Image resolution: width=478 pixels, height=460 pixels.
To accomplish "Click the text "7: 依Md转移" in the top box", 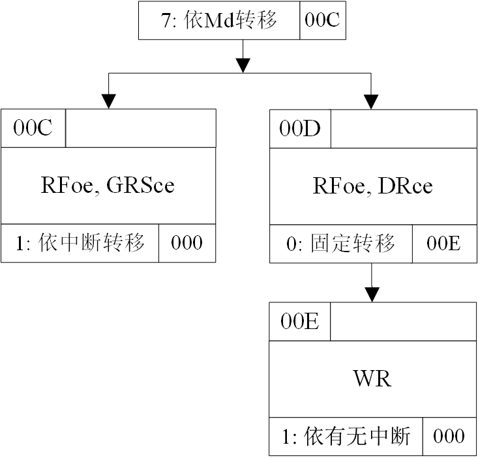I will tap(219, 20).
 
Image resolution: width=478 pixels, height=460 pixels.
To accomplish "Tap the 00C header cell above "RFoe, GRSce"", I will tap(33, 128).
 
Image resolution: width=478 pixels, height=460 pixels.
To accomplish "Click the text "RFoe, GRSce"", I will tap(108, 186).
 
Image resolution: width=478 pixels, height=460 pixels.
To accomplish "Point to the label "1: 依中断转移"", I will tap(80, 244).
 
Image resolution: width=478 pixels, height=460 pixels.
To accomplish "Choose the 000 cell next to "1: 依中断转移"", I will tap(187, 244).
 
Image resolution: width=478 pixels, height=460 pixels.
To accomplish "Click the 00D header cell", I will tap(300, 128).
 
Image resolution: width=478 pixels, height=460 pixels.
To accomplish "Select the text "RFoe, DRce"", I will tap(372, 186).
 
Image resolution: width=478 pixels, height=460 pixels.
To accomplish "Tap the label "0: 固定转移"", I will tap(341, 244).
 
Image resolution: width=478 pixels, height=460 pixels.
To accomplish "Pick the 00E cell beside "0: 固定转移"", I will tap(443, 244).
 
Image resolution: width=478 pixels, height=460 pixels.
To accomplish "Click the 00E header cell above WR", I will tap(300, 322).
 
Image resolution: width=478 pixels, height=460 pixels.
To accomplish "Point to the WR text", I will tap(372, 379).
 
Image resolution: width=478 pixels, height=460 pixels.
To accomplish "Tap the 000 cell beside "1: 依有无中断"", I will tap(449, 437).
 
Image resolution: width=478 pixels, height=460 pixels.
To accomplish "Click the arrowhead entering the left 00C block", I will tap(108, 101).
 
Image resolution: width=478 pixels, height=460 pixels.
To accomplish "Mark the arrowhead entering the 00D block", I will tap(372, 101).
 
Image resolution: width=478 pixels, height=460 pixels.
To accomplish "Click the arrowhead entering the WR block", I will tap(372, 295).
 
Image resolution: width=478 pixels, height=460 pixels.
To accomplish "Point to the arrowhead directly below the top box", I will tap(243, 65).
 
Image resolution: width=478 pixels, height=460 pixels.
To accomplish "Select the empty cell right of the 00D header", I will tap(402, 128).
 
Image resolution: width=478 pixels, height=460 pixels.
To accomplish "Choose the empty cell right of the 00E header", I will tap(402, 322).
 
